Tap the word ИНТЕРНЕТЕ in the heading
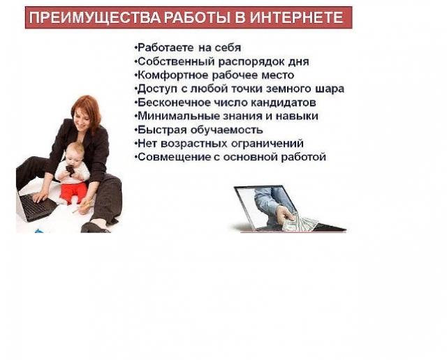pos(296,17)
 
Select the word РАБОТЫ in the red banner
pos(198,17)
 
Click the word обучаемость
pos(226,130)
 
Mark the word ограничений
pos(267,144)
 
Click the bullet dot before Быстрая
pos(136,130)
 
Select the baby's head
pos(75,152)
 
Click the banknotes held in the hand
pos(300,222)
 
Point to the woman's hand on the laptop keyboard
pos(41,196)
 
